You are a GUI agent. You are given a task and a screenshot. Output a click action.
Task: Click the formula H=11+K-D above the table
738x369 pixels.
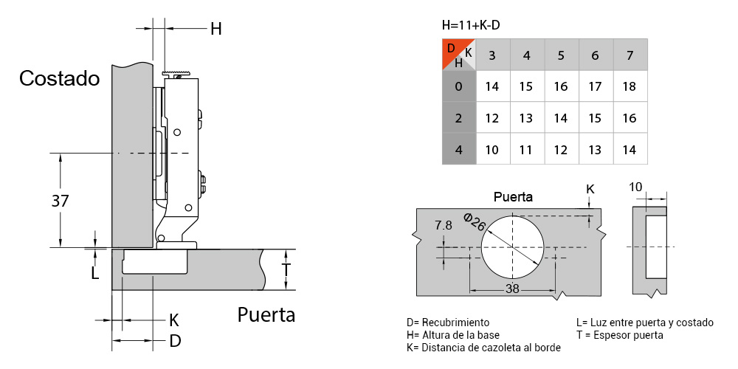pos(471,25)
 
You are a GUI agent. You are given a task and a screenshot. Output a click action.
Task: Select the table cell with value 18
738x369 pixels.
pos(630,86)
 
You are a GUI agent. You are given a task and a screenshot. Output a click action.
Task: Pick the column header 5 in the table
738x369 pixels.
pos(561,55)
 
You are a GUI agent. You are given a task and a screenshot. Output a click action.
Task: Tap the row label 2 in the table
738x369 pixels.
pos(459,118)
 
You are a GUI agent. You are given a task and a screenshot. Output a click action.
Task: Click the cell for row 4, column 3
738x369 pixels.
pos(492,150)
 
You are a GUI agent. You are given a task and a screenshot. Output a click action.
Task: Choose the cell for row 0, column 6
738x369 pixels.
pos(596,86)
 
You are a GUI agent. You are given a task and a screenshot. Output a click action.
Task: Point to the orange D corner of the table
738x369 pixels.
pos(452,49)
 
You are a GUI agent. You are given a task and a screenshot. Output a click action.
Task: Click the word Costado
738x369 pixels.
pos(60,78)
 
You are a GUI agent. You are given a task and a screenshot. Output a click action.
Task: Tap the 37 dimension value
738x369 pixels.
pos(60,201)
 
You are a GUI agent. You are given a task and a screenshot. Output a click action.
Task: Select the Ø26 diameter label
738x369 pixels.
pos(475,221)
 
